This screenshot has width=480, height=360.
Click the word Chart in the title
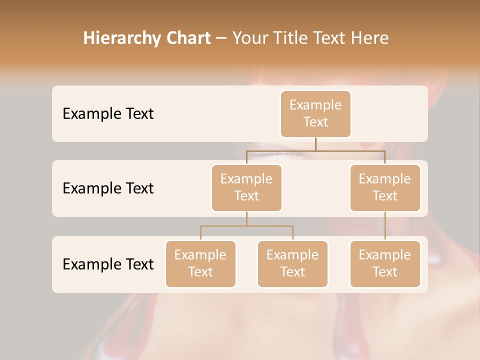[187, 38]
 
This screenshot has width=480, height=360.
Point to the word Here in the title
[369, 38]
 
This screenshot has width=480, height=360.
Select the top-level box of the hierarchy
[315, 113]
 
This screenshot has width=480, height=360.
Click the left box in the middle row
[246, 187]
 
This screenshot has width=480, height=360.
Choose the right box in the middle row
[385, 187]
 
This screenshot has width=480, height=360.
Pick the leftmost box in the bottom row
[200, 263]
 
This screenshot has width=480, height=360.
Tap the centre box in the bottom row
[292, 263]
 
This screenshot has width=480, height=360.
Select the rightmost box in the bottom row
[385, 263]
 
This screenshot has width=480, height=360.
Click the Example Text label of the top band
[108, 113]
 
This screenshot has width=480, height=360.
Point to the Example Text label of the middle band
[108, 188]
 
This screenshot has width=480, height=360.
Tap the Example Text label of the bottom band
[108, 264]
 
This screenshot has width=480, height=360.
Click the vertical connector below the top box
[315, 144]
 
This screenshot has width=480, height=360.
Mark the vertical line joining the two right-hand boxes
[385, 226]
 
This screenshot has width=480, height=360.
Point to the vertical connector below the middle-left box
[246, 218]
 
